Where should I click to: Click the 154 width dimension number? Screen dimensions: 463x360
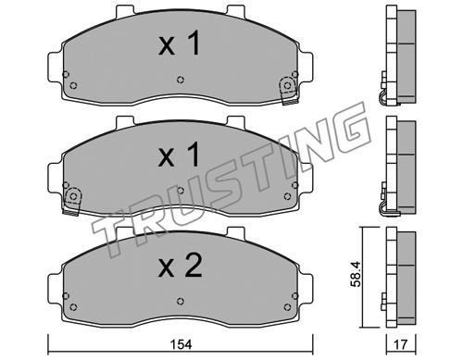[182, 344]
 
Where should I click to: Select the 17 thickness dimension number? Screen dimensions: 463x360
[401, 344]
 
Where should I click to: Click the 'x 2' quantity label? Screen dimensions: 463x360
[180, 266]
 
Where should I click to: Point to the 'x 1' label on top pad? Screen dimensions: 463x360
[180, 44]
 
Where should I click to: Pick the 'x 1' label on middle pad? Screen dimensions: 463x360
[179, 155]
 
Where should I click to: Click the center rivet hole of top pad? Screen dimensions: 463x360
[181, 80]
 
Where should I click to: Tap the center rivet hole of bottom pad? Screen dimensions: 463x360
[181, 301]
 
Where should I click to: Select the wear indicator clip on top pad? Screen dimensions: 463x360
[289, 90]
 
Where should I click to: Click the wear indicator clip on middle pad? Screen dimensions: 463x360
[72, 200]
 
